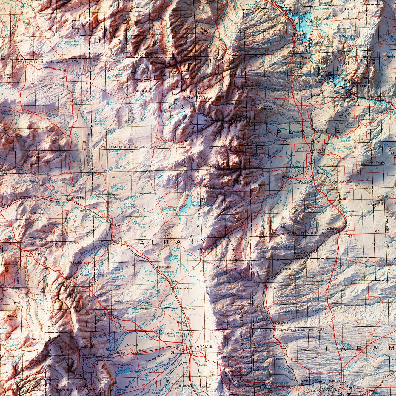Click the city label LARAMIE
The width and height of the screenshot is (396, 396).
(x=203, y=347)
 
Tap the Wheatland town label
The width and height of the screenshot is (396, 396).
(x=321, y=149)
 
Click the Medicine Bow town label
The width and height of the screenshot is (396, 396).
(x=76, y=198)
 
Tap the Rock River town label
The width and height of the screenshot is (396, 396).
(x=121, y=241)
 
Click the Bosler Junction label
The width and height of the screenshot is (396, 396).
(x=184, y=288)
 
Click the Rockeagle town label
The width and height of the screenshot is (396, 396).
(x=378, y=162)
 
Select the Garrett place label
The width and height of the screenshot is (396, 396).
(x=189, y=141)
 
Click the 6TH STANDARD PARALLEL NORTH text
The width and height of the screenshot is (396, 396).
(x=130, y=147)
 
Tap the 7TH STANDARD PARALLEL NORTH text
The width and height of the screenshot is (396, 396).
(x=47, y=62)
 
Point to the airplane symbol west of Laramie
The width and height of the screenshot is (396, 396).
(x=173, y=352)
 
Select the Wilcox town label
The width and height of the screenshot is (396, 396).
(x=116, y=225)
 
